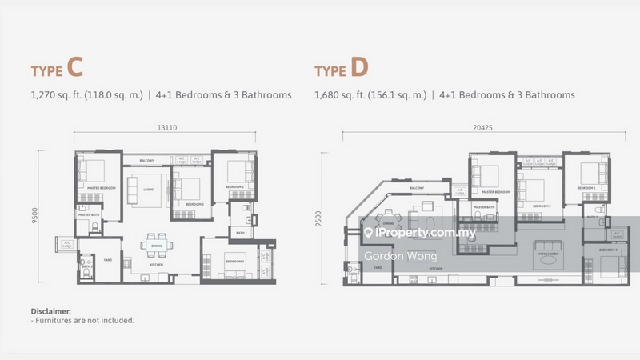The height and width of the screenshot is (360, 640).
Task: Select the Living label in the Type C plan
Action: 148,190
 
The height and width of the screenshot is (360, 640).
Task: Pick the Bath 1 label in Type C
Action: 242,233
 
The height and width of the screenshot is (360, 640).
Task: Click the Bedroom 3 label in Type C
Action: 234,262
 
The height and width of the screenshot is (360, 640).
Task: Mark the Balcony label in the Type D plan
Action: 417,188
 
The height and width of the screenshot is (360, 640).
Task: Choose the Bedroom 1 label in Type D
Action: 610,250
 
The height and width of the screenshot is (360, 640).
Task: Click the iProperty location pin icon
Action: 370,233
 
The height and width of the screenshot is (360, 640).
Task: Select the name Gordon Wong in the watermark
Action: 391,256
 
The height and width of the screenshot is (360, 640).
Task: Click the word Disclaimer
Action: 51,310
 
